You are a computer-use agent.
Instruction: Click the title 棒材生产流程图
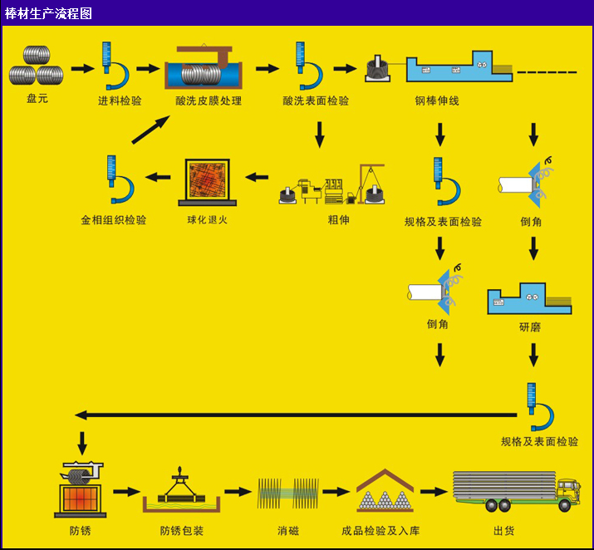click(49, 13)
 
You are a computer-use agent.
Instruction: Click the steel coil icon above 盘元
click(36, 66)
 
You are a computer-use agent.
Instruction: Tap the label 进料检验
click(120, 101)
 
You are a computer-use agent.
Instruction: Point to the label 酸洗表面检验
click(316, 101)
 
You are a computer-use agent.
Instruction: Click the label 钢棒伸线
click(437, 101)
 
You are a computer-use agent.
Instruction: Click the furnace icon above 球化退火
click(207, 182)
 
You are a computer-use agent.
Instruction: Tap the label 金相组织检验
click(114, 220)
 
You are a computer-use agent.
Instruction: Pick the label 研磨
click(529, 327)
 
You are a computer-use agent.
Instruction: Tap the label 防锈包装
click(182, 530)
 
